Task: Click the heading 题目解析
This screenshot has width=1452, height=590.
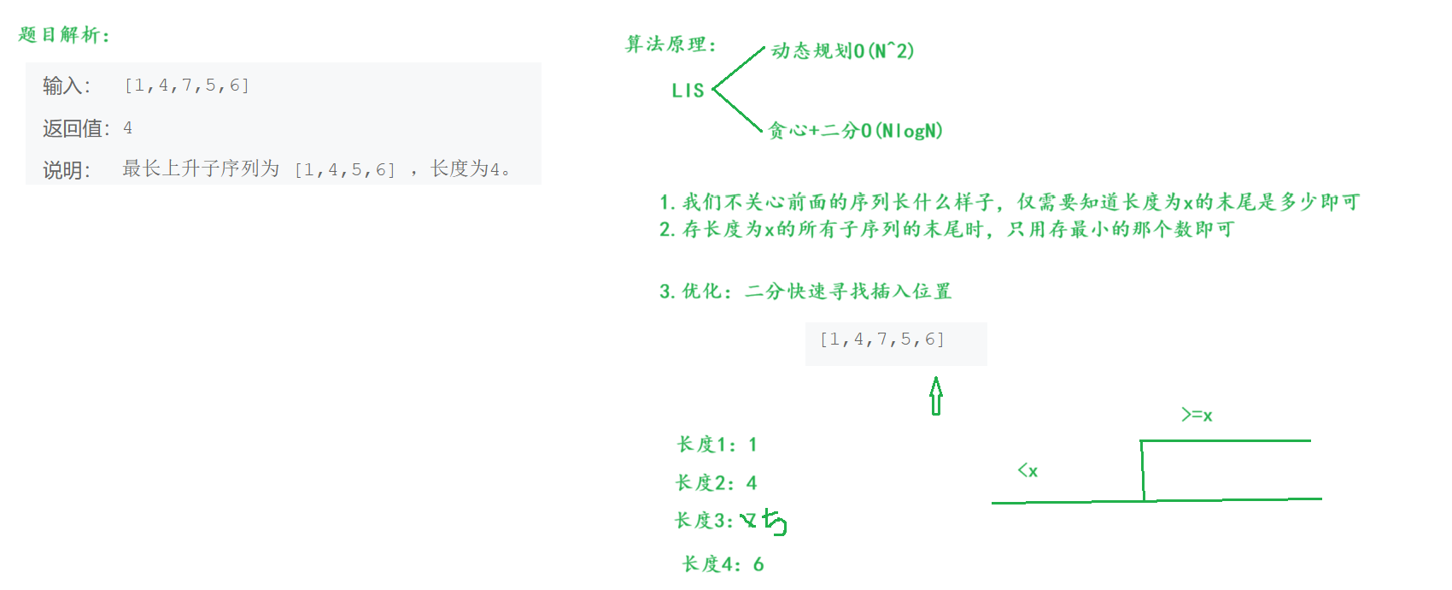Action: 64,35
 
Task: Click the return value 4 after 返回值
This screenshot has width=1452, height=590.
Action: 128,128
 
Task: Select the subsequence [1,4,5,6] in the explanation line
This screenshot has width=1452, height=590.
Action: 345,169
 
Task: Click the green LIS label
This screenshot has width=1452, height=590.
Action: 688,91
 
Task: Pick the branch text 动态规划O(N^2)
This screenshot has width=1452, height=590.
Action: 842,51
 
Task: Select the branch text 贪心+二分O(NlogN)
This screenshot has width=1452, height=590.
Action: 855,131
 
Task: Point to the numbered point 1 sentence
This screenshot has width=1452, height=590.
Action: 1009,203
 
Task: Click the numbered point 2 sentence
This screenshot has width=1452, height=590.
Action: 946,229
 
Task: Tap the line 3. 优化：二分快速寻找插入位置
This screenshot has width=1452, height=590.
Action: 805,292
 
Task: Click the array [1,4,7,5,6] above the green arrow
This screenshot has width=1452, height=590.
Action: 882,339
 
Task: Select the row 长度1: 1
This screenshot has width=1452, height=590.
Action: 717,445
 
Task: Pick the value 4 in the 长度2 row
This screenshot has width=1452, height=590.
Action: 752,483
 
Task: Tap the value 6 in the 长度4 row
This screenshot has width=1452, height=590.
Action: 758,564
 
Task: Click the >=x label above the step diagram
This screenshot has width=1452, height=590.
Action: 1197,416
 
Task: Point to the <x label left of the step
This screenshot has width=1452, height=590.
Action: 1028,470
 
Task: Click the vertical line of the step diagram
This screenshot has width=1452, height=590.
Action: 1143,470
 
